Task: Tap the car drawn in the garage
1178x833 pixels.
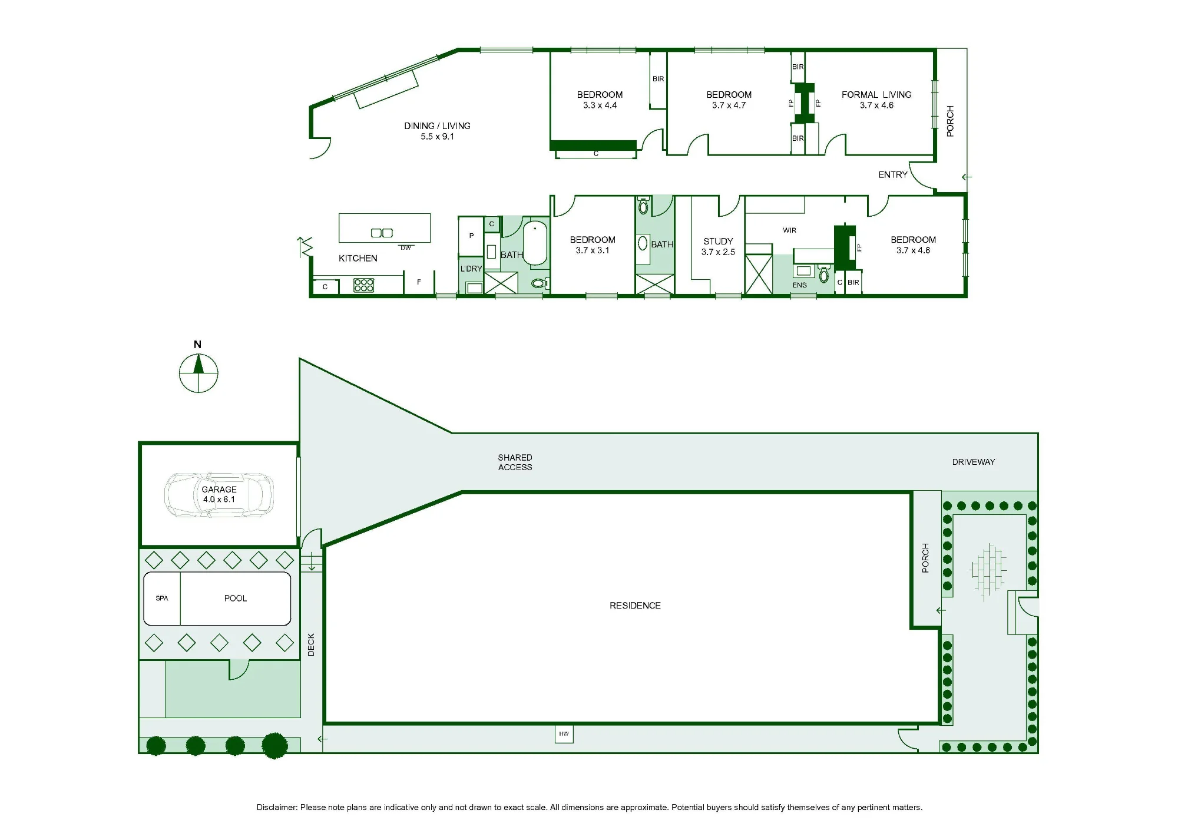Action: click(x=219, y=495)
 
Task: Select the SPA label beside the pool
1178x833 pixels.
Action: click(x=162, y=599)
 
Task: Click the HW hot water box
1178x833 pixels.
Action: click(x=564, y=734)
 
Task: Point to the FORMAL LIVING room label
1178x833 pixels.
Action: click(x=876, y=95)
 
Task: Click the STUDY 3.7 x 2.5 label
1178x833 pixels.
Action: click(x=718, y=247)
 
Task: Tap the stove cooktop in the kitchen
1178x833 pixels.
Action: click(x=364, y=285)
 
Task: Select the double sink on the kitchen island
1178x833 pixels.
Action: click(x=382, y=233)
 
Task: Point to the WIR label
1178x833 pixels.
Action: click(x=790, y=230)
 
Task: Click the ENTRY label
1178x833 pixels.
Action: click(x=893, y=175)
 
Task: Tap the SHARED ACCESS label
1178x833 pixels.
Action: click(x=515, y=462)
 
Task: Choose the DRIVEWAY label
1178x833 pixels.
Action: click(x=974, y=462)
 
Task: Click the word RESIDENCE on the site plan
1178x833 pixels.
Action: click(x=635, y=606)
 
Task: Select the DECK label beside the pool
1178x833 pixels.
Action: click(x=311, y=644)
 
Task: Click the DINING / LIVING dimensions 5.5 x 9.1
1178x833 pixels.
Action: click(x=437, y=137)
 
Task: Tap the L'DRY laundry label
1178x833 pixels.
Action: click(x=471, y=269)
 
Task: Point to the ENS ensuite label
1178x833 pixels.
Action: click(x=799, y=285)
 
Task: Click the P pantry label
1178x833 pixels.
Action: click(x=471, y=236)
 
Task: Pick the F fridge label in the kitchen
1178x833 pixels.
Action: click(x=419, y=282)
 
